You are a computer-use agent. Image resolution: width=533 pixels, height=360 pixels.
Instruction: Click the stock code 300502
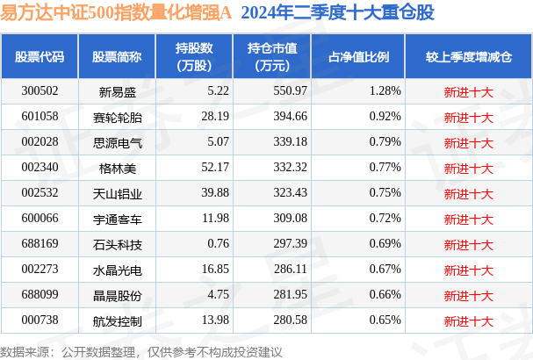(x=40, y=90)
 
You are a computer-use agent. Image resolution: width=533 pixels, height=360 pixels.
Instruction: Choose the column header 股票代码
(x=40, y=56)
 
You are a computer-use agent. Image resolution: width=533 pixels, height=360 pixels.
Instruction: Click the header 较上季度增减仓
(x=468, y=56)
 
